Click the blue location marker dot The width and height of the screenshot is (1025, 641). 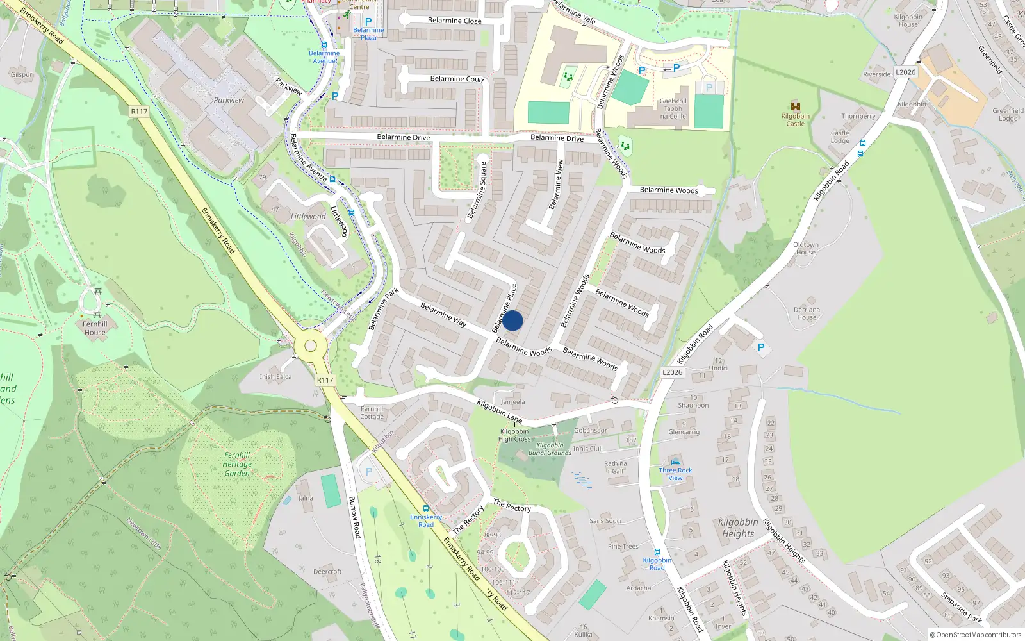pos(512,320)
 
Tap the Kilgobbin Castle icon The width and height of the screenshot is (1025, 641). pos(796,106)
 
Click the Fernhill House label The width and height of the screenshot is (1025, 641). pos(95,328)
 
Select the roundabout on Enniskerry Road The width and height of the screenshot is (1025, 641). pos(311,346)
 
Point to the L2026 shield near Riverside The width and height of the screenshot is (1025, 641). pos(905,72)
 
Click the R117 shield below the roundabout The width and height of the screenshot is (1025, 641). pos(325,380)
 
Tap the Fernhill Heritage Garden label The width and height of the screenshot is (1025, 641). pos(237,464)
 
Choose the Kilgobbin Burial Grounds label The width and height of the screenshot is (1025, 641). pos(550,449)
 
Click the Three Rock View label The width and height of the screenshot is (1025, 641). pos(675,474)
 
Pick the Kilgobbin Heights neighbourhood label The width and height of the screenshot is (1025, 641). pos(738,528)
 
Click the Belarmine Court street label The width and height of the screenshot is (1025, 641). pos(457,79)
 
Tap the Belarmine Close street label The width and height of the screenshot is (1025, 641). pos(454,21)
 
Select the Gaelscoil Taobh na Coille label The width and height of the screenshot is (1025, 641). pos(673,108)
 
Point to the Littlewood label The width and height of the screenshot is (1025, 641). pos(308,217)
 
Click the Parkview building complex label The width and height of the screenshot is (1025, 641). pos(229,100)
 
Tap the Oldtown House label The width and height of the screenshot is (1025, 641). pos(806,248)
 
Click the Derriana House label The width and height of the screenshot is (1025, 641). pos(807,313)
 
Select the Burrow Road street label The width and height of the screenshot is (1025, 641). pos(355,517)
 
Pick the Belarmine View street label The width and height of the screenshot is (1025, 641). pos(556,184)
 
